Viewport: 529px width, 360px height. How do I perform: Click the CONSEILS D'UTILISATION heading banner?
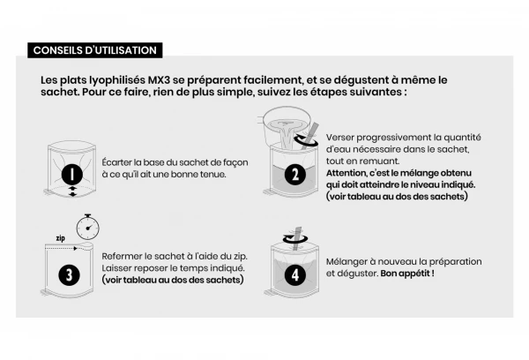(x=93, y=49)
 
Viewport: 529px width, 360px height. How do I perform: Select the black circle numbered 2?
(x=294, y=175)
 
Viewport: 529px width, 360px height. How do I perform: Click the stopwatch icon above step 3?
(x=87, y=227)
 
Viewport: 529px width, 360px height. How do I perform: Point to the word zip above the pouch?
(x=60, y=239)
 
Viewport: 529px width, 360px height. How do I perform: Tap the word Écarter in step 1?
(x=121, y=161)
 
